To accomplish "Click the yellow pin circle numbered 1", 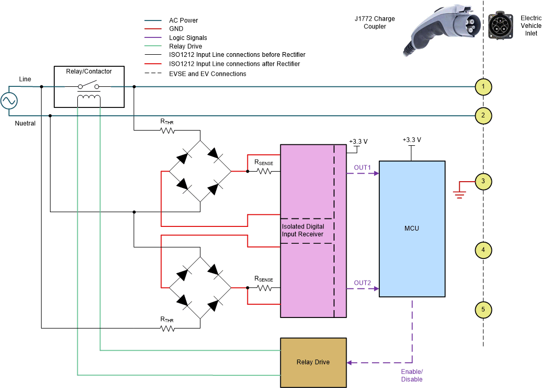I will point(483,87).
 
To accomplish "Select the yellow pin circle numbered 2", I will point(483,115).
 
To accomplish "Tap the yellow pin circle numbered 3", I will point(483,182).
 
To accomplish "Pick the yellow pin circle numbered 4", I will point(483,250).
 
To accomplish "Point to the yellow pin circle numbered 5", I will point(483,310).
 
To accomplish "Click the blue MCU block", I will point(412,228).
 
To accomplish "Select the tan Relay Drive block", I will point(313,362).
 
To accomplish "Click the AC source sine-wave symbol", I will point(9,101).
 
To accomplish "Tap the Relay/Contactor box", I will point(89,86).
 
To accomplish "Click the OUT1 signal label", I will point(362,168).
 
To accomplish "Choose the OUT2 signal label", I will point(362,283).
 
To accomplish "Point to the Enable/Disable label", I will point(411,375).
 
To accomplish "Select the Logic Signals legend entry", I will point(188,38).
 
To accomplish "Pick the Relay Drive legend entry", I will point(185,46).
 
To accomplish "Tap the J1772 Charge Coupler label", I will point(375,23).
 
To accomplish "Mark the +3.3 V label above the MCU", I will point(411,140).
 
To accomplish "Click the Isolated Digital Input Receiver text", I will point(303,230).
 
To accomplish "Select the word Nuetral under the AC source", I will point(25,123).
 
